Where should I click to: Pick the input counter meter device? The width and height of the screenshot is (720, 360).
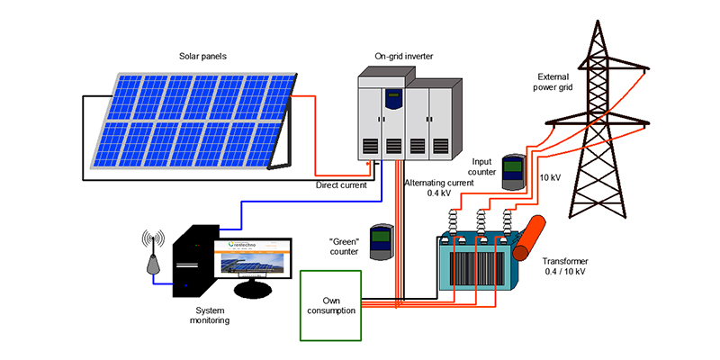pos(513,172)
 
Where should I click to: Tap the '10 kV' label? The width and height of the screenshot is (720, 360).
pos(550,177)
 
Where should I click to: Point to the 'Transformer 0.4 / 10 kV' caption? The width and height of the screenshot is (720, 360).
pos(564,265)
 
